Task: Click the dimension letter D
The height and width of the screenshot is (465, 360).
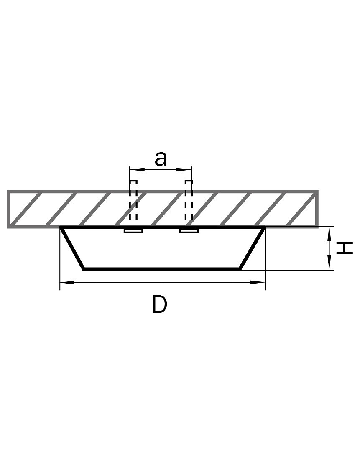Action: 160,304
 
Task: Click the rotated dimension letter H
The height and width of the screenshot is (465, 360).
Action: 345,248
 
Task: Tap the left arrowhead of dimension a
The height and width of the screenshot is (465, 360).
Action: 137,170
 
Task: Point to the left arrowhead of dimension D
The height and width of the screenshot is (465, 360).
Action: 67,282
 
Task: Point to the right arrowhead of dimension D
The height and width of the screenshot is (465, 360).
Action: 258,282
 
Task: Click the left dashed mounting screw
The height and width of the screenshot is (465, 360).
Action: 133,200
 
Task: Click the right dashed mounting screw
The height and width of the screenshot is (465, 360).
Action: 189,200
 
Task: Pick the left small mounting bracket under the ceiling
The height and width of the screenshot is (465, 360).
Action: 133,231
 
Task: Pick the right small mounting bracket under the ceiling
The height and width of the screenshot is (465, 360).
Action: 189,231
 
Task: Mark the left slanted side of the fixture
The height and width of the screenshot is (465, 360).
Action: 72,248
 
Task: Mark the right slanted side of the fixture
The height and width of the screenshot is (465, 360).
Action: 253,248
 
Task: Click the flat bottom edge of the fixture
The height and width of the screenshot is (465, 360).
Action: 162,269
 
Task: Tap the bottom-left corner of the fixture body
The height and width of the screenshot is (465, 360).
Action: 84,269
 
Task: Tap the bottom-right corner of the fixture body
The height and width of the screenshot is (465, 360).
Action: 240,269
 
